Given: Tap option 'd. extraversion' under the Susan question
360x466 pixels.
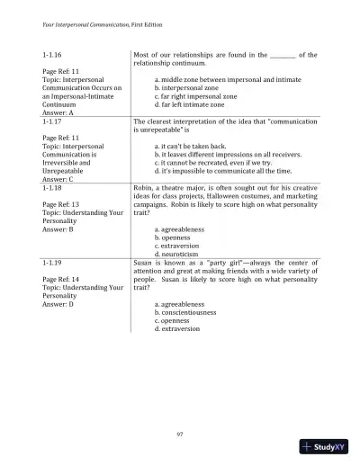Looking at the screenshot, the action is (181, 328).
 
